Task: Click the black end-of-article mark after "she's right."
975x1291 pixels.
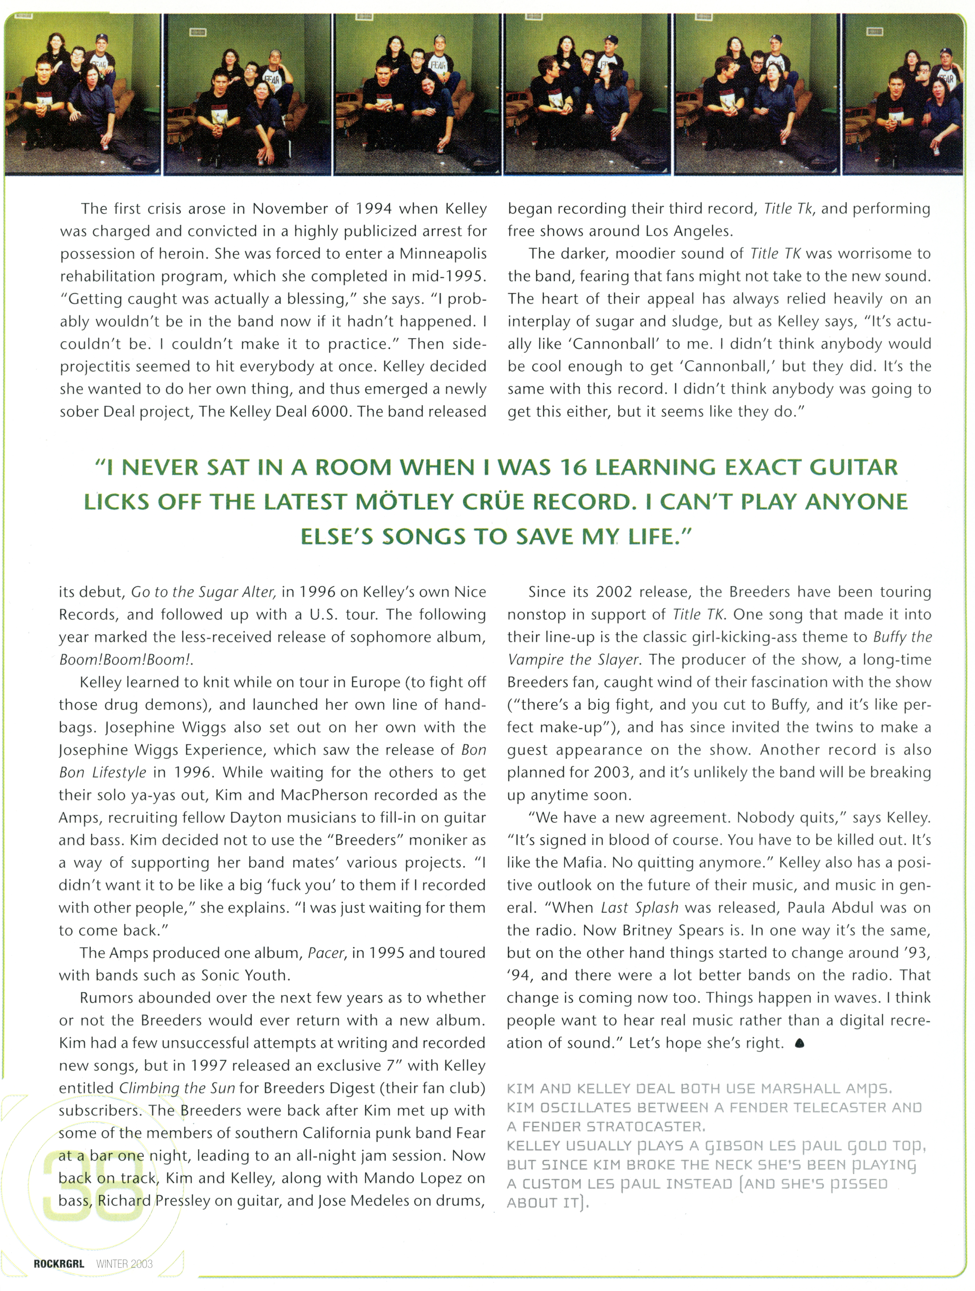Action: click(800, 1044)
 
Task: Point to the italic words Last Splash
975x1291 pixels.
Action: click(639, 908)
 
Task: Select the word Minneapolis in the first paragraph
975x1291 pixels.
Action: click(443, 254)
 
